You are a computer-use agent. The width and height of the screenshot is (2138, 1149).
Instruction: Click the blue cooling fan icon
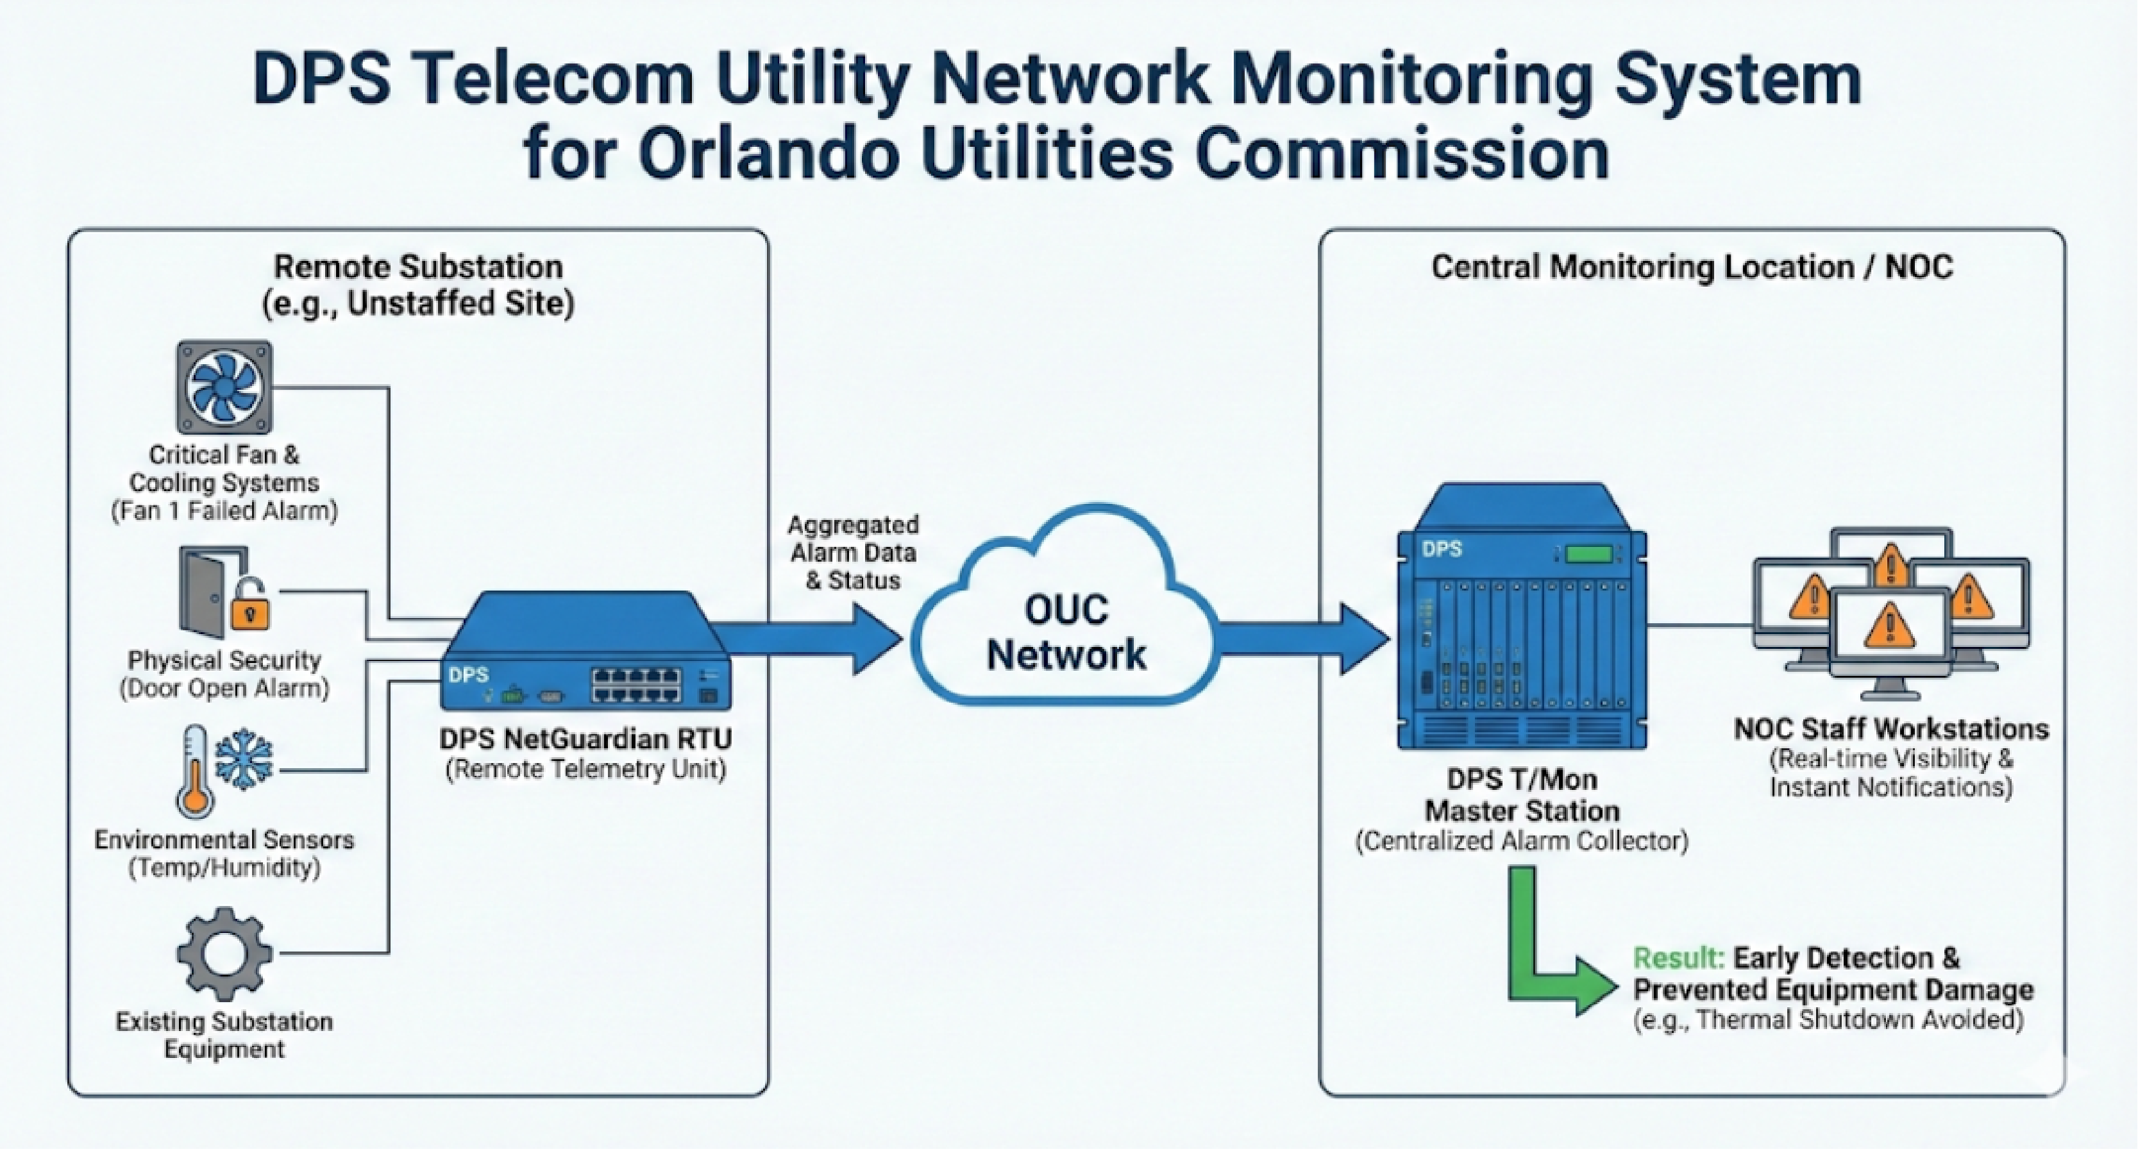[x=224, y=387]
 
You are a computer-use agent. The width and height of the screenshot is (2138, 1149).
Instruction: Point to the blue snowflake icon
[x=244, y=759]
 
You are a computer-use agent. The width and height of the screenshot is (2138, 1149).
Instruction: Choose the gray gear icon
[x=224, y=953]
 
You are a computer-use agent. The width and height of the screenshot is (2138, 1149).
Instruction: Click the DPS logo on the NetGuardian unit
[x=469, y=675]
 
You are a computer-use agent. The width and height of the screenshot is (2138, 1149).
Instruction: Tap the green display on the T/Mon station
[x=1588, y=553]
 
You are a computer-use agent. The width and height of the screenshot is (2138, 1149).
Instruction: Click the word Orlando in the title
[x=768, y=155]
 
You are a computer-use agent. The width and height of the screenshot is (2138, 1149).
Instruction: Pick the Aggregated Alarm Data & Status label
[x=852, y=553]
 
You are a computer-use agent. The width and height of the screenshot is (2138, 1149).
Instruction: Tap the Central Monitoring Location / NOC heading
[x=1692, y=267]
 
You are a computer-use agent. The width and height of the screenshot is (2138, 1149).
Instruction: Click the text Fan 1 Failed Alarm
[x=224, y=511]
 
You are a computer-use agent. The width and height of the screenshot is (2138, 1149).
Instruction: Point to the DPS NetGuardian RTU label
[x=585, y=739]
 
